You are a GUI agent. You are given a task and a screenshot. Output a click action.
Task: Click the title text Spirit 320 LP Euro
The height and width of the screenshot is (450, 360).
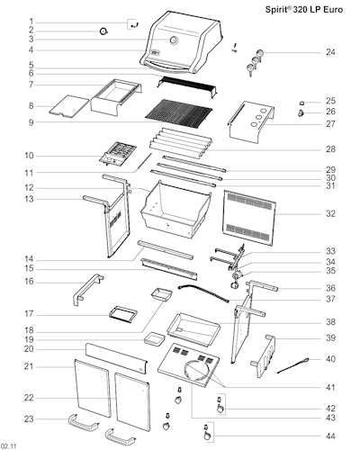coord(304,9)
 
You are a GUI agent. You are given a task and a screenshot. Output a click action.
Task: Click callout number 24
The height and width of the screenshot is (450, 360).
coord(330,52)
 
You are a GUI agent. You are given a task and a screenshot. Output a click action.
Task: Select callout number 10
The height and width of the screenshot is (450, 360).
coord(30,156)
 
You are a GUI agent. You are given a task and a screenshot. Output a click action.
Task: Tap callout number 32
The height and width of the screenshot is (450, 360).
coord(330,213)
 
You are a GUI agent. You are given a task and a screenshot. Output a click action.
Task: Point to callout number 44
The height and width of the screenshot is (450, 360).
coord(330,436)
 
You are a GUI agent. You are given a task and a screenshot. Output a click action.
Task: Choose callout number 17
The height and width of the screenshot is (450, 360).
coord(29,314)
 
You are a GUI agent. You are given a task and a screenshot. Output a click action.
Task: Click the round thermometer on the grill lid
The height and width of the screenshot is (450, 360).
coord(174,40)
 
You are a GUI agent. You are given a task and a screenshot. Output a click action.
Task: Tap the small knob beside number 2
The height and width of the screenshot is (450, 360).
coord(103,31)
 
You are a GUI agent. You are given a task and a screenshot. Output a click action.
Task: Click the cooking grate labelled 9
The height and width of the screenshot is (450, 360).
coord(178,113)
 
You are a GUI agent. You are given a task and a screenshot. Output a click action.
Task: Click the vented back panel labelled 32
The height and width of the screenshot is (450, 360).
coord(249,218)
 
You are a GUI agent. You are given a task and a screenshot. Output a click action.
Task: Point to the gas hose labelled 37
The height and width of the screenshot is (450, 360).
coord(203,293)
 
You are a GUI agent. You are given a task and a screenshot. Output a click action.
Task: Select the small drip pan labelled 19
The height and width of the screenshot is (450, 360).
coord(155,339)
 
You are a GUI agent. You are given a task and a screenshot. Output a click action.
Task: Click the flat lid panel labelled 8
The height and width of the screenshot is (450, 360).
coord(68,106)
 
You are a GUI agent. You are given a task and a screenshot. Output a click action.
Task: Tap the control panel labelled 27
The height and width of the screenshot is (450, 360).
coord(251,121)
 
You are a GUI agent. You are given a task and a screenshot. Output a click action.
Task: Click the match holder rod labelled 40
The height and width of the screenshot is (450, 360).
coord(293,365)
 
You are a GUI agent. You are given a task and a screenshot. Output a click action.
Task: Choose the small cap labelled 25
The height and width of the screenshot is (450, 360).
coord(301,103)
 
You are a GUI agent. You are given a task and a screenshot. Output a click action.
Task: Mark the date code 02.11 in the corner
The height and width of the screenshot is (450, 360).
coord(8,446)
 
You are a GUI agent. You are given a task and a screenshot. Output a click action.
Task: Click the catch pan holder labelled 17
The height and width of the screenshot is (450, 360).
coord(123,314)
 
